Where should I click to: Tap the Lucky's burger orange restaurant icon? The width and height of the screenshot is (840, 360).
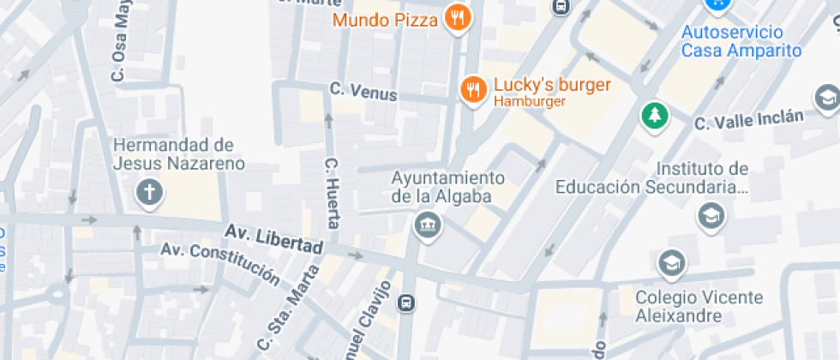point(472,88)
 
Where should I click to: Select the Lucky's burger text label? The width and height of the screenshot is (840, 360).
point(552,86)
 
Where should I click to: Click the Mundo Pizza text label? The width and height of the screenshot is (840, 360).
point(386,19)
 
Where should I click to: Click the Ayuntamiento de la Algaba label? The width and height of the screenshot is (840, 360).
point(447,187)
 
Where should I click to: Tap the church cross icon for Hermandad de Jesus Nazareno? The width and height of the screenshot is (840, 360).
point(149,192)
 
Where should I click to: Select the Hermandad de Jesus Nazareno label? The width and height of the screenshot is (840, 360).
point(178,153)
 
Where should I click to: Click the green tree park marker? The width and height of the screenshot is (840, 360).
point(655,116)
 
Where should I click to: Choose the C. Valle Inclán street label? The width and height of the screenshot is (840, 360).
point(749,120)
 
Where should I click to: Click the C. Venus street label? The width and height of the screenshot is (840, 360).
point(363,91)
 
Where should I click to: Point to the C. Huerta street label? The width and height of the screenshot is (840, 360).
point(333,193)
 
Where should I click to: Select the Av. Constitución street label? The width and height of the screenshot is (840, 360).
point(221,263)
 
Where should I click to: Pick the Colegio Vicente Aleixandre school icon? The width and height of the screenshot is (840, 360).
point(671,263)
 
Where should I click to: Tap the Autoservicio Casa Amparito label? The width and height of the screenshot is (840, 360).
point(741,41)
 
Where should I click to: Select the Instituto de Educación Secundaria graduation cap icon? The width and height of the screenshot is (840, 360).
point(711,216)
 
